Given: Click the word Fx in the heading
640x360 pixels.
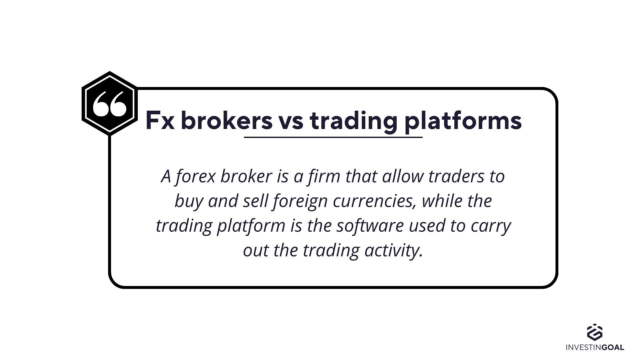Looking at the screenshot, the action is [x=160, y=120].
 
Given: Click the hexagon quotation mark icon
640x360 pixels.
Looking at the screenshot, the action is [x=110, y=103].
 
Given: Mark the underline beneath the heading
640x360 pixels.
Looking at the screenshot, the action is [x=333, y=137].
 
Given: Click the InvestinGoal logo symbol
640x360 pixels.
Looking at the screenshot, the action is [x=595, y=332].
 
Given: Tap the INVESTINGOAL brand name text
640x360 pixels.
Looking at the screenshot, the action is [x=595, y=347].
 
